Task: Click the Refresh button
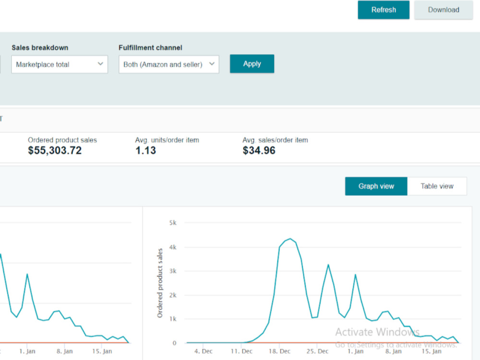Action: pyautogui.click(x=384, y=10)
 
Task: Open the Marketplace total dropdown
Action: pyautogui.click(x=60, y=64)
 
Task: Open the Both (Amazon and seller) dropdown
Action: pyautogui.click(x=168, y=64)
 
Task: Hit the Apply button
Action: pyautogui.click(x=252, y=64)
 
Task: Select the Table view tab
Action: pyautogui.click(x=437, y=186)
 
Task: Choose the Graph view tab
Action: pyautogui.click(x=376, y=186)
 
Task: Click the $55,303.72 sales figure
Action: pyautogui.click(x=55, y=150)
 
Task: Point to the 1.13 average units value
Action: pyautogui.click(x=146, y=150)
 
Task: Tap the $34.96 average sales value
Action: pyautogui.click(x=259, y=150)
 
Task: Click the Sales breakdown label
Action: pyautogui.click(x=40, y=48)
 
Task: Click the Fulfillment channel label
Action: pyautogui.click(x=150, y=48)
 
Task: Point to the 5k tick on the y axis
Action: pyautogui.click(x=173, y=223)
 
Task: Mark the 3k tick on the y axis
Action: pyautogui.click(x=173, y=271)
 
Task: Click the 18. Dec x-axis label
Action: pyautogui.click(x=279, y=351)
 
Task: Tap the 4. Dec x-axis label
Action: pyautogui.click(x=203, y=351)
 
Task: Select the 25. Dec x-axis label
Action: pyautogui.click(x=317, y=351)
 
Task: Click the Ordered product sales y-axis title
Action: pyautogui.click(x=160, y=283)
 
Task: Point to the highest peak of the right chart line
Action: pyautogui.click(x=290, y=239)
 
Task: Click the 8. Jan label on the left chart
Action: pyautogui.click(x=65, y=351)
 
